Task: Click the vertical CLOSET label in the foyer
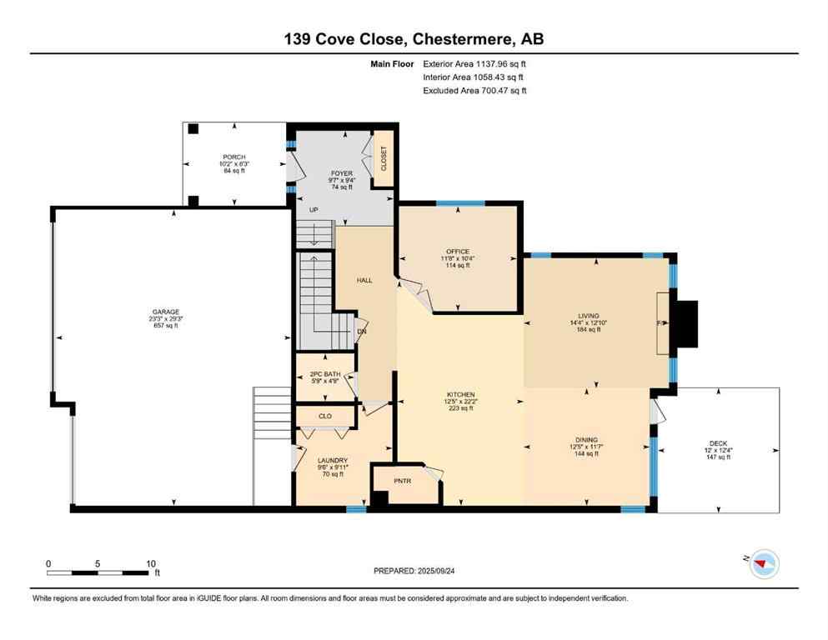[384, 158]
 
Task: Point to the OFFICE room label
[457, 252]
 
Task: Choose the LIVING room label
[590, 317]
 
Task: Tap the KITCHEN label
[460, 394]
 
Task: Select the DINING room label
[586, 440]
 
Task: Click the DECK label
[718, 444]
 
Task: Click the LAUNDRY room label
[332, 461]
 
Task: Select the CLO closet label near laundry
[325, 414]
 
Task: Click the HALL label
[364, 281]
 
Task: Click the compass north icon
[762, 564]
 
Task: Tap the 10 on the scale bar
[151, 563]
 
